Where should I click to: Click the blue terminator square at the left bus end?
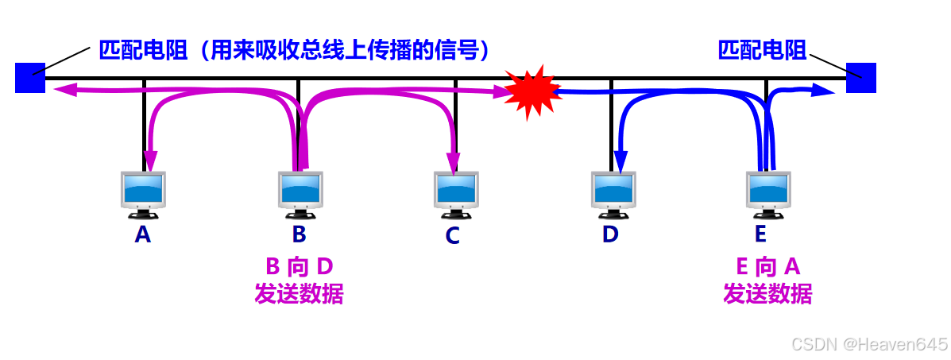tap(29, 78)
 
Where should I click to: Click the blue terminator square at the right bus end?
tap(860, 78)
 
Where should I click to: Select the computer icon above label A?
tap(143, 194)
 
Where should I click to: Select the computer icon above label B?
tap(300, 194)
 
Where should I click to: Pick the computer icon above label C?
tap(456, 194)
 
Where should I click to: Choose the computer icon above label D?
tap(613, 194)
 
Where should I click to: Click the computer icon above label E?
tap(769, 194)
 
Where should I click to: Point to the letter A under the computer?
tap(143, 234)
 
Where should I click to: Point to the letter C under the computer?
tap(452, 236)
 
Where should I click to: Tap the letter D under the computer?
tap(610, 234)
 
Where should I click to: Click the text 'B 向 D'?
tap(299, 266)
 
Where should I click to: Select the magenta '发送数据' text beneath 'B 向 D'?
tap(299, 294)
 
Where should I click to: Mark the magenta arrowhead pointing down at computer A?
tap(148, 162)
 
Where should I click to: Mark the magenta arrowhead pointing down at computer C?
tap(454, 164)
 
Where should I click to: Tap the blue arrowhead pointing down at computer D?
tap(620, 164)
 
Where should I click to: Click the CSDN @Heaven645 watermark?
tap(870, 344)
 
